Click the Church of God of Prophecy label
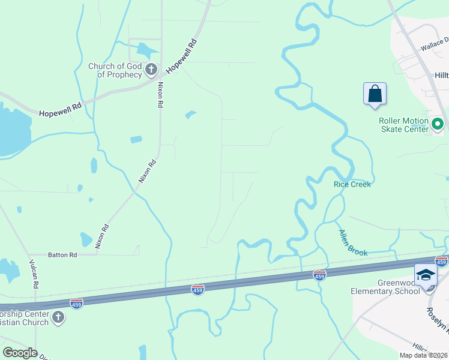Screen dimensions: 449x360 pyautogui.click(x=115, y=70)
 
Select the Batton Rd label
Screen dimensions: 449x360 pyautogui.click(x=64, y=255)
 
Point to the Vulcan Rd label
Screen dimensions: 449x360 pyautogui.click(x=35, y=275)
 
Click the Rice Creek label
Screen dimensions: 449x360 pyautogui.click(x=352, y=184)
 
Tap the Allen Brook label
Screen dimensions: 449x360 pyautogui.click(x=353, y=243)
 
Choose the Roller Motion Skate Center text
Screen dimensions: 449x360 pyautogui.click(x=403, y=125)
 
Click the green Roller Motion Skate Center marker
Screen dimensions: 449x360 pyautogui.click(x=438, y=125)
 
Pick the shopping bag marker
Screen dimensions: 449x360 pyautogui.click(x=375, y=95)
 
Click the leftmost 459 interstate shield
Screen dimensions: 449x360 pyautogui.click(x=76, y=304)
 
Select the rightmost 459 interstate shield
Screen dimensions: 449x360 pyautogui.click(x=441, y=262)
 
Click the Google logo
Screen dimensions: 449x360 pyautogui.click(x=20, y=352)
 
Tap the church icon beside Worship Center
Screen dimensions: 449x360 pyautogui.click(x=58, y=317)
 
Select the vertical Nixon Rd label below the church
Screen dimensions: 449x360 pyautogui.click(x=160, y=95)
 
